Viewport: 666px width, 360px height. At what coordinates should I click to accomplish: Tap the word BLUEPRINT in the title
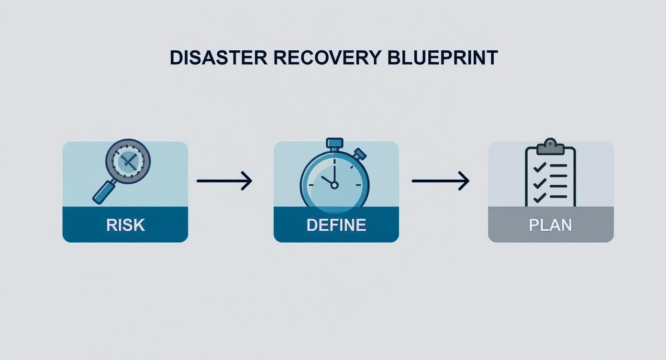click(x=440, y=57)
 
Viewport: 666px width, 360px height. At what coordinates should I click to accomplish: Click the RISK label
click(x=125, y=225)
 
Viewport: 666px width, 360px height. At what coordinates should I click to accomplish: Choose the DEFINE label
click(x=336, y=225)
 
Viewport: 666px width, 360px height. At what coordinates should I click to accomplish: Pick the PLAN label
click(x=550, y=225)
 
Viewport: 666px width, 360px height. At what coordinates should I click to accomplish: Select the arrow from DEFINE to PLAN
click(x=440, y=181)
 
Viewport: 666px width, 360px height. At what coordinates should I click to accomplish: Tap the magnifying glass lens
click(x=128, y=161)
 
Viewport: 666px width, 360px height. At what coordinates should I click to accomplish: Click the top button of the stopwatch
click(x=334, y=143)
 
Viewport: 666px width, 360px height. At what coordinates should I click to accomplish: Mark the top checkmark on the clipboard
click(x=539, y=167)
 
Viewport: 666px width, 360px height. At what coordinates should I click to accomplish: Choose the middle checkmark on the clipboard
click(x=539, y=182)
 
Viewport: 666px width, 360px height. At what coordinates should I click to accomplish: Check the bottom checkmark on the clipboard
click(x=539, y=197)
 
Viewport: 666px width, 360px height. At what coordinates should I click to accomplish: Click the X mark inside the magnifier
click(x=128, y=161)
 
